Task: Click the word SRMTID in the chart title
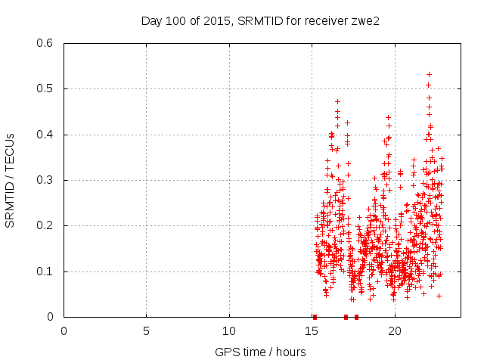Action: point(259,20)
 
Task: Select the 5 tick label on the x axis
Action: point(146,331)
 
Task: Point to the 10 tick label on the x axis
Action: point(229,331)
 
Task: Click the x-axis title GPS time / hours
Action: point(260,352)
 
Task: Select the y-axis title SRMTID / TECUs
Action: point(11,180)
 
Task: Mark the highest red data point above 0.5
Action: point(429,74)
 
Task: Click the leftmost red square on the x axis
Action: point(315,317)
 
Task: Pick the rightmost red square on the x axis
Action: point(356,317)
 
